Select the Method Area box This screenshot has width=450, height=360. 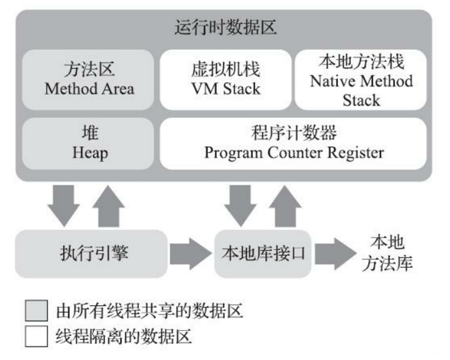pos(89,79)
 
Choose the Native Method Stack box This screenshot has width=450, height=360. pos(361,79)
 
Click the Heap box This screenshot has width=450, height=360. pos(89,142)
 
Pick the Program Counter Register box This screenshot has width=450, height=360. pos(293,142)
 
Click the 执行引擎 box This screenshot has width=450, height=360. pos(90,253)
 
